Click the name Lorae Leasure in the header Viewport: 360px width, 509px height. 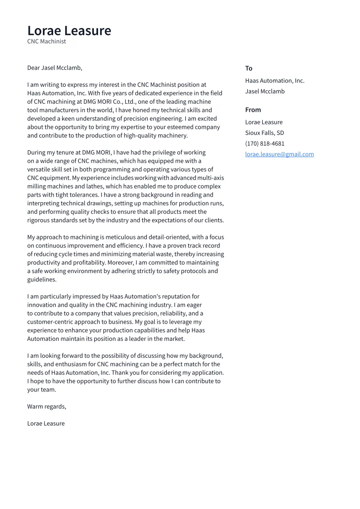point(69,31)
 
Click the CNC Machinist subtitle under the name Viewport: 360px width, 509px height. point(47,41)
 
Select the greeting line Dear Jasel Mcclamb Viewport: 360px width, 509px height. point(54,68)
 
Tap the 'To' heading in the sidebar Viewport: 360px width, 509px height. point(248,68)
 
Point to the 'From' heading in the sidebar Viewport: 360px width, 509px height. point(253,110)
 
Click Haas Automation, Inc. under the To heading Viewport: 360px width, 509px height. point(274,81)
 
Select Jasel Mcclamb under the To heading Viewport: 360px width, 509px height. point(265,91)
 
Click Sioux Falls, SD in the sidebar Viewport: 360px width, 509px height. point(264,133)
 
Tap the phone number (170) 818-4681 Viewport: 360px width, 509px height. point(265,143)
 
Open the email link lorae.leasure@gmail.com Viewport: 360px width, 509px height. point(280,154)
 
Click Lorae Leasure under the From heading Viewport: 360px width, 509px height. point(264,122)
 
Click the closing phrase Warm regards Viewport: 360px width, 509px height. point(47,407)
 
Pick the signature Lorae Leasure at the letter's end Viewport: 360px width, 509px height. point(46,423)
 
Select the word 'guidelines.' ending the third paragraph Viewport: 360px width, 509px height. point(42,280)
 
